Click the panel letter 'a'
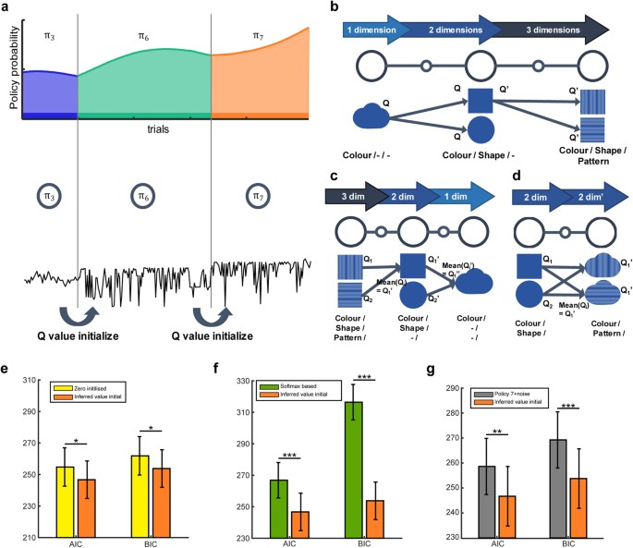click(x=8, y=8)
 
